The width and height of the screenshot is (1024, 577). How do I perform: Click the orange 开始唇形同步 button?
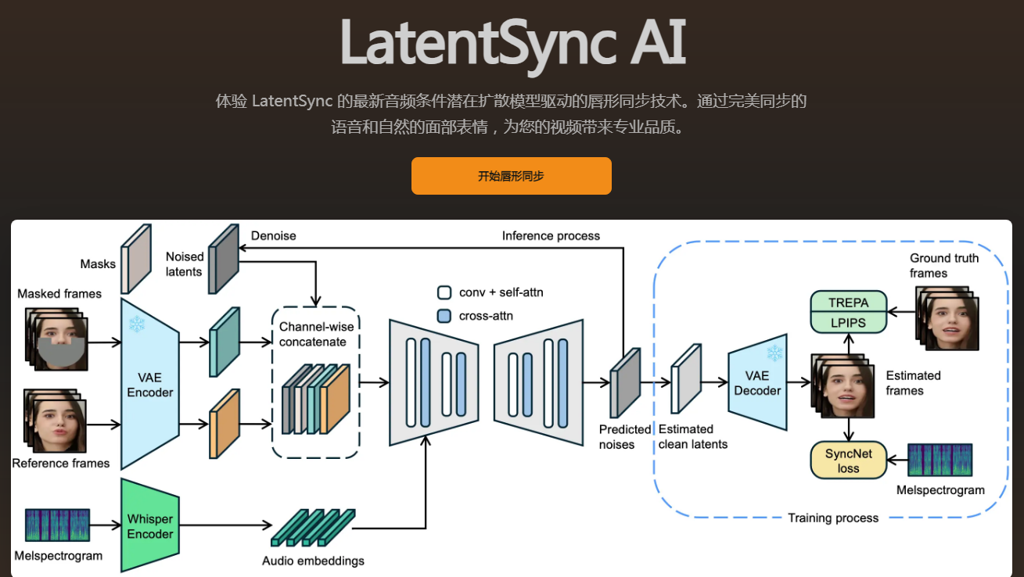tap(511, 176)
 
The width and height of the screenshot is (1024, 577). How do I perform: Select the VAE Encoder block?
tap(149, 384)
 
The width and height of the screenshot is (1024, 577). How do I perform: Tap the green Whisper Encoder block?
tap(149, 526)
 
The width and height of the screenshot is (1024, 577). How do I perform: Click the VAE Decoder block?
tap(756, 383)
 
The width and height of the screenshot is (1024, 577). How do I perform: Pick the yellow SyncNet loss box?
tap(848, 461)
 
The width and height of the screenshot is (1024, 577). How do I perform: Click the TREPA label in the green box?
tap(848, 302)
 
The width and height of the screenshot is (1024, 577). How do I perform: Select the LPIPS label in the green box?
tap(848, 322)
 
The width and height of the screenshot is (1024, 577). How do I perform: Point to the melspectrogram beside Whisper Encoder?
tap(57, 525)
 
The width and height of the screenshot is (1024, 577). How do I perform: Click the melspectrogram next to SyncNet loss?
tap(940, 460)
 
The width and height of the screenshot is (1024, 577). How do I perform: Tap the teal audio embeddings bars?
tap(313, 528)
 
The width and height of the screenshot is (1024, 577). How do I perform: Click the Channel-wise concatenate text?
tap(313, 334)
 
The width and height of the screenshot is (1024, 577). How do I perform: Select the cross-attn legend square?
tap(444, 316)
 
